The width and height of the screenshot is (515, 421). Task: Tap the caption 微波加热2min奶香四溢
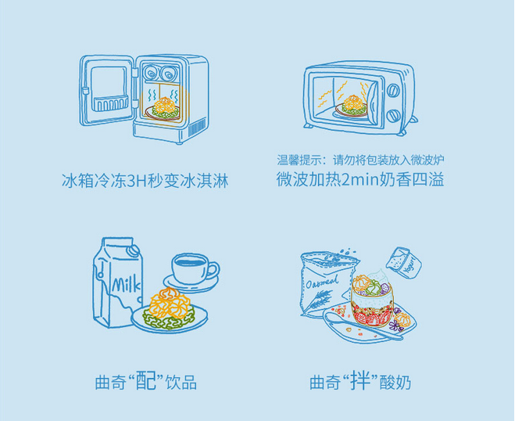(x=360, y=180)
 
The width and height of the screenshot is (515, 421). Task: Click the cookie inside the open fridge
(x=166, y=105)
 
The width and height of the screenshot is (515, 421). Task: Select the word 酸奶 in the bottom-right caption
(x=395, y=383)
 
